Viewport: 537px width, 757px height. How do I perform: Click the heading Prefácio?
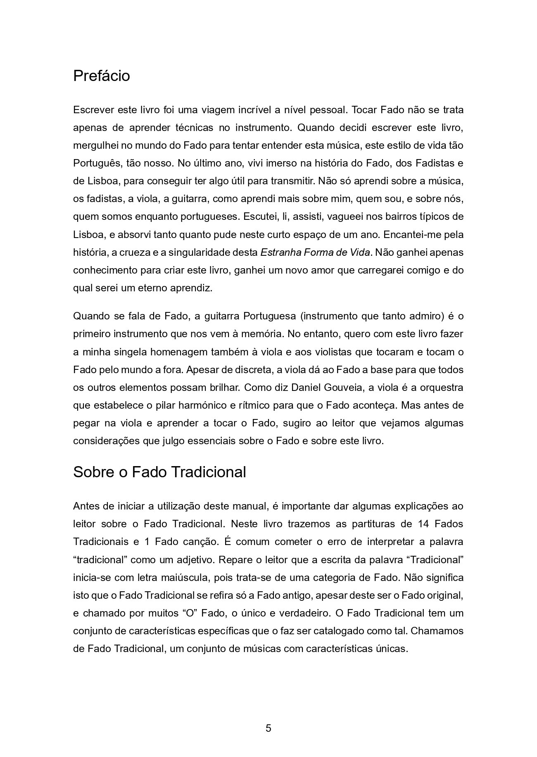point(101,76)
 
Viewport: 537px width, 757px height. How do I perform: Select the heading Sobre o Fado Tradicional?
point(159,472)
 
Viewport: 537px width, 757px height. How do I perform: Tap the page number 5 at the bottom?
point(268,728)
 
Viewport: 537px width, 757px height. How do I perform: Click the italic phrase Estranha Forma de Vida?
point(315,252)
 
